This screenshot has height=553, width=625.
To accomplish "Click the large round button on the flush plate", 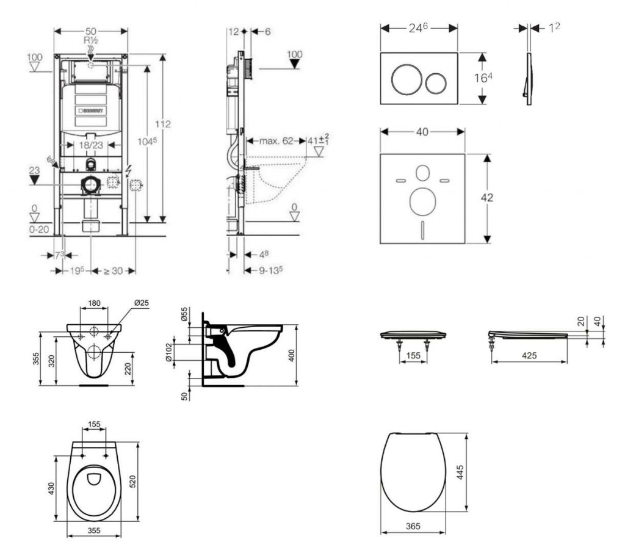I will point(405,80).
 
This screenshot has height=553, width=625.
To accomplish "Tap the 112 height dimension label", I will point(162,124).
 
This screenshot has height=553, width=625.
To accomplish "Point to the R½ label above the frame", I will point(91,40).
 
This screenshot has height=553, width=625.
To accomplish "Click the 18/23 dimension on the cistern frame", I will point(90,144).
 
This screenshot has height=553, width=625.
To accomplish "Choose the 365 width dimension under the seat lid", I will point(413,526).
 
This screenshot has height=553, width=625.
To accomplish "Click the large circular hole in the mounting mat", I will point(422,201).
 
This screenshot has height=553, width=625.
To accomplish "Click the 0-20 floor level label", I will point(38,228).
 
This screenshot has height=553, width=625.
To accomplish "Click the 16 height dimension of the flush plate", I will point(482,78).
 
